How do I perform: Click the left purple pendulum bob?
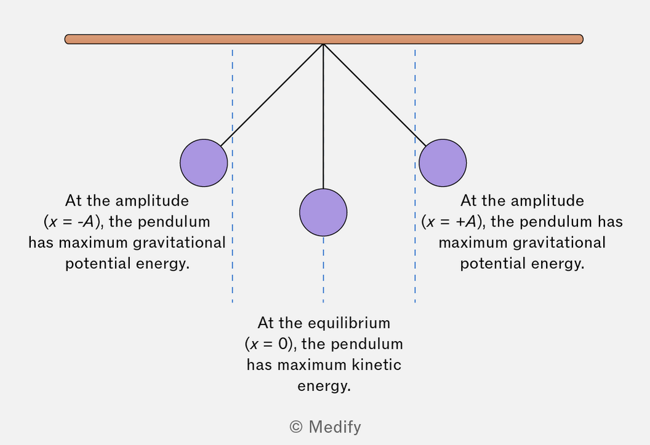point(204,163)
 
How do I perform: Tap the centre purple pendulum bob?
point(323,212)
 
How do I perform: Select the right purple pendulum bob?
point(443,163)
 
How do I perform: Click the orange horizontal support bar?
point(324,39)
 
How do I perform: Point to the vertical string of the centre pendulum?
point(323,116)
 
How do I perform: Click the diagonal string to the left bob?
point(272,95)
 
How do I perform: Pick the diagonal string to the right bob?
point(375,95)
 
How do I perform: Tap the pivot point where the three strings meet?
point(323,44)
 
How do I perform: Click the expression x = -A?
point(71,222)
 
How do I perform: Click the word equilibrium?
point(350,323)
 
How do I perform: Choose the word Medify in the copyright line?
point(335,427)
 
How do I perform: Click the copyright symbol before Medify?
point(296,427)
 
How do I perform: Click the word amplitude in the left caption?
point(152,201)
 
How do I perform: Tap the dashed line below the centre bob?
point(323,270)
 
